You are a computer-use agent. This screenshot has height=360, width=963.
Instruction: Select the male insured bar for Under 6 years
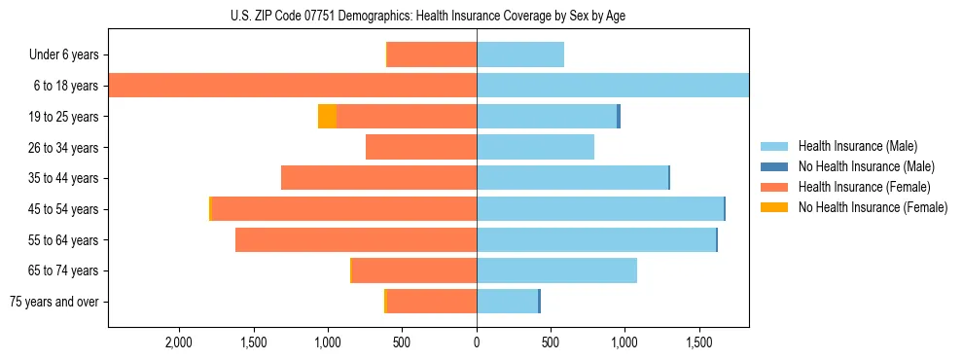click(520, 55)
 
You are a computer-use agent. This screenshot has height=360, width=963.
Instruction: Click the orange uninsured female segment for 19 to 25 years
click(328, 117)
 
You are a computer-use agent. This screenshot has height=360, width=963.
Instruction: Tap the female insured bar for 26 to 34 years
click(421, 148)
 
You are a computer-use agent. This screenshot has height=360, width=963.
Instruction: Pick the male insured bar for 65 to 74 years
click(556, 270)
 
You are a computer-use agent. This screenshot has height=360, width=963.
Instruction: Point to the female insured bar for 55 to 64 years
click(356, 240)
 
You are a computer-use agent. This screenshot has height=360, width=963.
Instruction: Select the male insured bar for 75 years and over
click(507, 302)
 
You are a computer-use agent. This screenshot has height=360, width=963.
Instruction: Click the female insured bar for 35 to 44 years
click(379, 178)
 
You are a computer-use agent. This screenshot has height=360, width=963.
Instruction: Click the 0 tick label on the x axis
click(477, 342)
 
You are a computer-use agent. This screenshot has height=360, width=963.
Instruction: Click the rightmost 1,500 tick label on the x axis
click(699, 342)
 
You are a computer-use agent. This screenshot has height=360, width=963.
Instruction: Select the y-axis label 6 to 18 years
click(65, 86)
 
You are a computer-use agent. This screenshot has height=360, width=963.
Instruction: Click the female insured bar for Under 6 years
click(432, 55)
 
